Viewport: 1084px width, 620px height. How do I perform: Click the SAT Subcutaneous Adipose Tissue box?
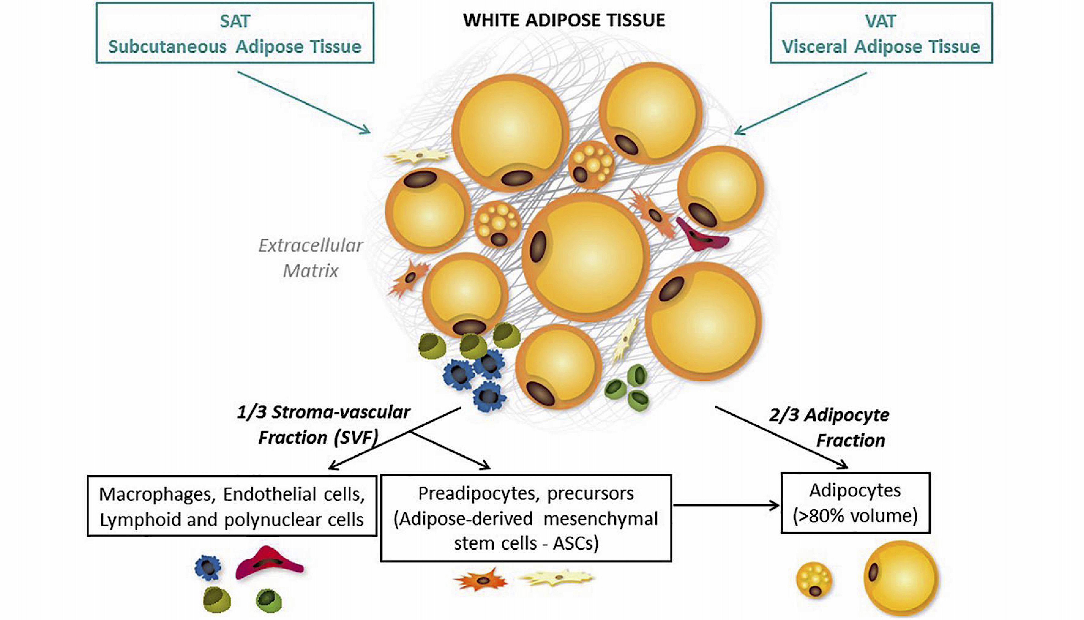coord(235,33)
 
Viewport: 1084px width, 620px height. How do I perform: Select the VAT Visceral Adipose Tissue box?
coord(881,33)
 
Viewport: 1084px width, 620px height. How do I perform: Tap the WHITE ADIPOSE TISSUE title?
coord(564,20)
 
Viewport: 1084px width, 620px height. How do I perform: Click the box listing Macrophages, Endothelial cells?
coord(232,506)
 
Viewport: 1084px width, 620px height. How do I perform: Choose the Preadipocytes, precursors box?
coord(526,518)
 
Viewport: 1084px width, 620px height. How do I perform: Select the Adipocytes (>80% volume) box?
coord(855,503)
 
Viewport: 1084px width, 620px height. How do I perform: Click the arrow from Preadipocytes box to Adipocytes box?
coord(726,505)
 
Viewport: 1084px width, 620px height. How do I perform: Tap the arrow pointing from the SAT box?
coord(303,102)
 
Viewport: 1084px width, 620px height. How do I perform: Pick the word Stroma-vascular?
coord(341,412)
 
